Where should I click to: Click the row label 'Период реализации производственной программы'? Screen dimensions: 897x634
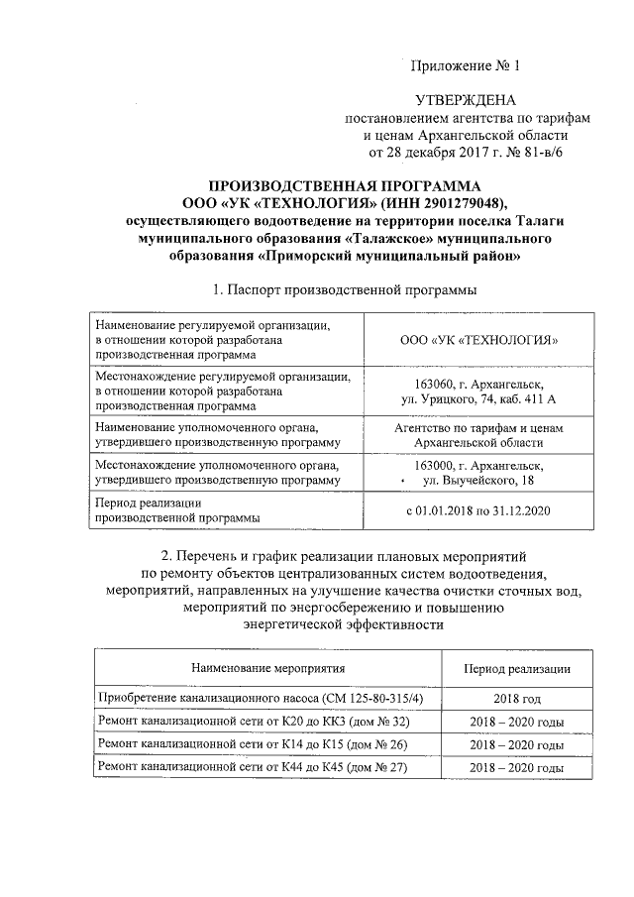(x=177, y=510)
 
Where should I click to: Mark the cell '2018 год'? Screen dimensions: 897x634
(x=517, y=699)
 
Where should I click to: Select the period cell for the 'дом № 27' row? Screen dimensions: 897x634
(x=517, y=768)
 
